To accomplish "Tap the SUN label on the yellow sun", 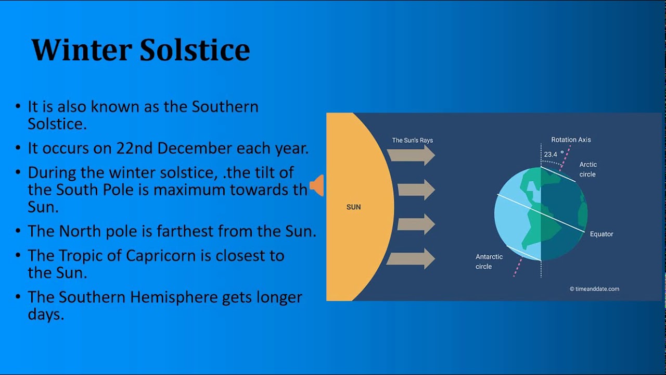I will pyautogui.click(x=353, y=207).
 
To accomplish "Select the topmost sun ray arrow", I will pyautogui.click(x=411, y=155).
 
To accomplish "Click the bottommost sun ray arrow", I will pyautogui.click(x=411, y=259).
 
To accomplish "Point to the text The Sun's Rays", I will pyautogui.click(x=412, y=140).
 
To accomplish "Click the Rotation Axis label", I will pyautogui.click(x=571, y=140).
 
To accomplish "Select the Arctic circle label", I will pyautogui.click(x=588, y=169).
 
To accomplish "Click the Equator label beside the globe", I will pyautogui.click(x=601, y=234).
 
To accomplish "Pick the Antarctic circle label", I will pyautogui.click(x=489, y=261).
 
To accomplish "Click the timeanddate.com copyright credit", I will pyautogui.click(x=594, y=289).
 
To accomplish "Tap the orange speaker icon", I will pyautogui.click(x=317, y=185).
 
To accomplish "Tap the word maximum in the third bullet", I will pyautogui.click(x=192, y=190).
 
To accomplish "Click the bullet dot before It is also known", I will pyautogui.click(x=18, y=107).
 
